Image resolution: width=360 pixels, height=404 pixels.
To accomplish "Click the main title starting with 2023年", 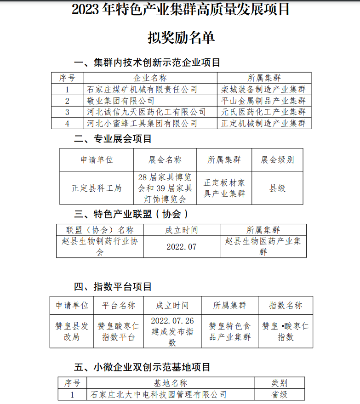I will [181, 10].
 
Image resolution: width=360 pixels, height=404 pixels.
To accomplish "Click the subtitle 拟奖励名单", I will [181, 38].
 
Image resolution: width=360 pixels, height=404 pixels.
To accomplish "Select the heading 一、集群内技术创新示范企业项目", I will [147, 62].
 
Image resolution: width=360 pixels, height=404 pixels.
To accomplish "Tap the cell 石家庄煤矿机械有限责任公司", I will [142, 89].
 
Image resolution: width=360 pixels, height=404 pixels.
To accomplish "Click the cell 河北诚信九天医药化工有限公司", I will [147, 112].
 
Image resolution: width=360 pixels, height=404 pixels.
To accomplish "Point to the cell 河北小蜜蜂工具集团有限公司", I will [142, 123].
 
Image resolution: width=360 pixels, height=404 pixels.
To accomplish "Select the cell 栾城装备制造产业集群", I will [263, 89].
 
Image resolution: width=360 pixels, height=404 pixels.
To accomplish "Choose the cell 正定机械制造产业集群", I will [263, 123].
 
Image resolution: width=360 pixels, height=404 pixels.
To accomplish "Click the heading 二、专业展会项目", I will [113, 138].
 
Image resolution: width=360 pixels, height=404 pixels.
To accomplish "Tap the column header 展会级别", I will [277, 159].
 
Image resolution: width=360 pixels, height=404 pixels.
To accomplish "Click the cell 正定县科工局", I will [97, 188].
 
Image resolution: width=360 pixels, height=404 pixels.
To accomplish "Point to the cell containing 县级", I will [277, 188].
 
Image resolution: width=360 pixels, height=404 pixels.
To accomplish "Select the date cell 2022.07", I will [181, 246].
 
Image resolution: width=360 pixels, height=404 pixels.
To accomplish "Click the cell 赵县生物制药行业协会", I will [99, 246].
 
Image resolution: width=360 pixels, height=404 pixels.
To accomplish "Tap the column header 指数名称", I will [285, 306].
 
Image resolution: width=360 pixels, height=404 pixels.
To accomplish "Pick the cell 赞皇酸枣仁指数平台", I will [118, 331].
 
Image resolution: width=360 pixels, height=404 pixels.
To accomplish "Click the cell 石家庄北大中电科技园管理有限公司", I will [158, 394].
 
